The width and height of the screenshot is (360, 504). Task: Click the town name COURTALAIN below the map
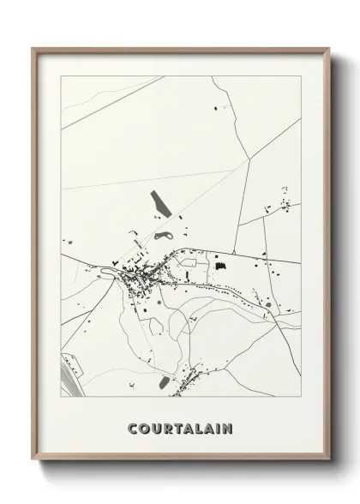click(x=180, y=427)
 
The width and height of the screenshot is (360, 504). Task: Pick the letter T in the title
click(x=177, y=427)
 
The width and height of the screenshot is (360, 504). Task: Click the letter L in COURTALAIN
click(x=197, y=427)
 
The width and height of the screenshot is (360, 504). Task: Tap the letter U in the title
click(x=155, y=427)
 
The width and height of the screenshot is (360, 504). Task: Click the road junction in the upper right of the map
click(x=249, y=159)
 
